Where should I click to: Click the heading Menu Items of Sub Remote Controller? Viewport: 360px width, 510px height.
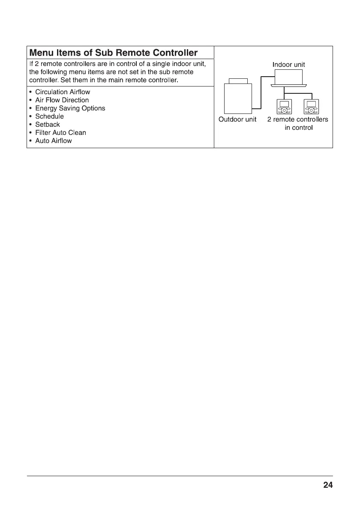tap(113, 53)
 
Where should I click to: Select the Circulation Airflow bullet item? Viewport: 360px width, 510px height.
tap(63, 92)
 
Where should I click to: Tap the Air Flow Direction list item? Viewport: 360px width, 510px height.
tap(62, 100)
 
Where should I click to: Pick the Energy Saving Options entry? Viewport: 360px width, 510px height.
tap(70, 108)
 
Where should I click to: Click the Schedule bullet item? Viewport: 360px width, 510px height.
tap(49, 116)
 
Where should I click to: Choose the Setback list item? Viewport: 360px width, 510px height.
tap(48, 125)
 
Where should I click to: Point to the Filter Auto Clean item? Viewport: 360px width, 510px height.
tap(60, 133)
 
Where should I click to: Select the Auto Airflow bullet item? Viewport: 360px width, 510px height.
tap(54, 141)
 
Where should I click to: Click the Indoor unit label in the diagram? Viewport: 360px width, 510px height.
tap(288, 65)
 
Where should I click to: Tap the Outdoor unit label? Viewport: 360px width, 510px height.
tap(237, 119)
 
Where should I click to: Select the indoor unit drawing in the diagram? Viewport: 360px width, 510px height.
tap(288, 78)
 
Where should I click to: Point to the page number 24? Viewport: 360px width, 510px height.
tap(328, 485)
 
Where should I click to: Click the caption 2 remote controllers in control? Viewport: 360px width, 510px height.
tap(298, 123)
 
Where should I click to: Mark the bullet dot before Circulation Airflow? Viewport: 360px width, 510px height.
tap(30, 92)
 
